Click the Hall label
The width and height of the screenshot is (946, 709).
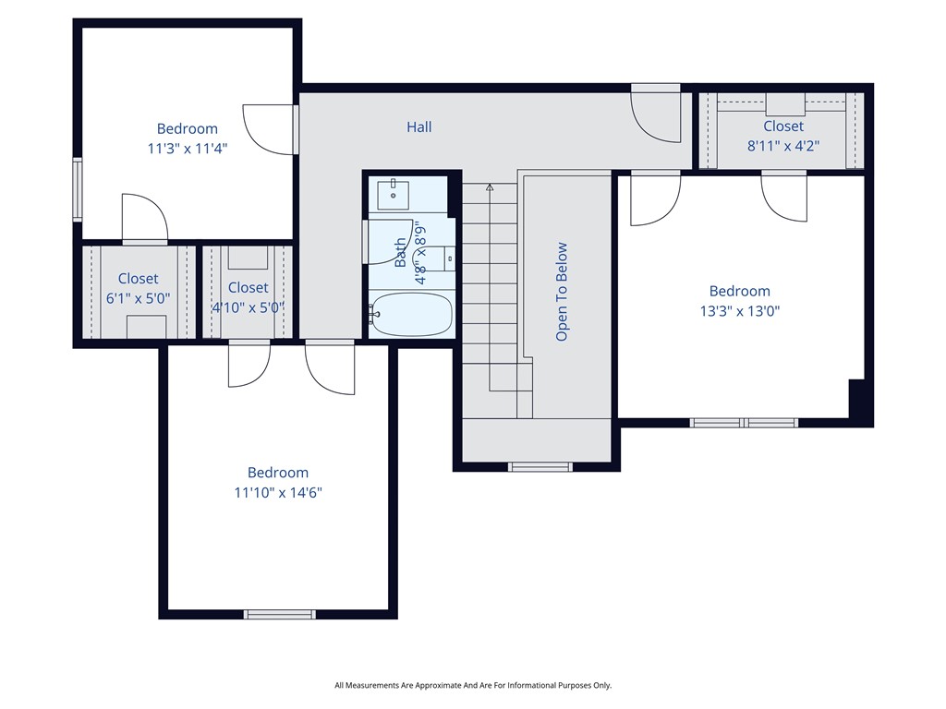[x=418, y=127]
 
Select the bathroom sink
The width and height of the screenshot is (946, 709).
[x=394, y=194]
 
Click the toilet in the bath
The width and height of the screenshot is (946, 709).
[x=446, y=258]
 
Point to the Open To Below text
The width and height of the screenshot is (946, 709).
[x=562, y=292]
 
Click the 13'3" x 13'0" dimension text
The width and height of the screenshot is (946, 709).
[x=739, y=311]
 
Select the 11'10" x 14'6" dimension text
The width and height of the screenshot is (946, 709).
[x=277, y=493]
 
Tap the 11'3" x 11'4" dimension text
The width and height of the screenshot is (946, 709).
[x=187, y=148]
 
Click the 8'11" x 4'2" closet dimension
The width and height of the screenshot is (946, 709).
[x=782, y=145]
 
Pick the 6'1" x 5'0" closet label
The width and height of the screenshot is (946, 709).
[x=138, y=298]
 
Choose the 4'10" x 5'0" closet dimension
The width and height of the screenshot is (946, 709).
[x=248, y=307]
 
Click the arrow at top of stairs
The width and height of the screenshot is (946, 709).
[x=490, y=187]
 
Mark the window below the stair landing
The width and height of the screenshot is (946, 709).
[x=540, y=466]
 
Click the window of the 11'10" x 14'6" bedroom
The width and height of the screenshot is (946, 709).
[x=279, y=614]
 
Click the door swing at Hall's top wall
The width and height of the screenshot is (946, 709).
[x=656, y=116]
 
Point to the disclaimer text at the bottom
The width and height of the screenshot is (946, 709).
[x=472, y=685]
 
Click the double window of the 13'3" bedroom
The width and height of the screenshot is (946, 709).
[x=745, y=423]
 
